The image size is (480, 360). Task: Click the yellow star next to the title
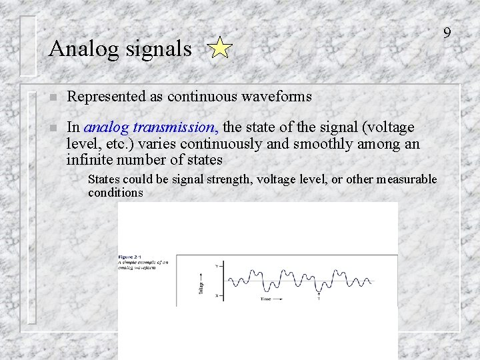[x=219, y=49]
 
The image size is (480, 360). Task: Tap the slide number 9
[x=447, y=33]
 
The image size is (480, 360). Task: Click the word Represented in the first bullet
[x=107, y=97]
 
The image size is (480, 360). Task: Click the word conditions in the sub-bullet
[x=115, y=193]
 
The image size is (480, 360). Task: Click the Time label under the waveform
[x=266, y=299]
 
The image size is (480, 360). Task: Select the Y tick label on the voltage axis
[x=215, y=265]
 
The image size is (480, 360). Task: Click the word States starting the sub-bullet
[x=104, y=179]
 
